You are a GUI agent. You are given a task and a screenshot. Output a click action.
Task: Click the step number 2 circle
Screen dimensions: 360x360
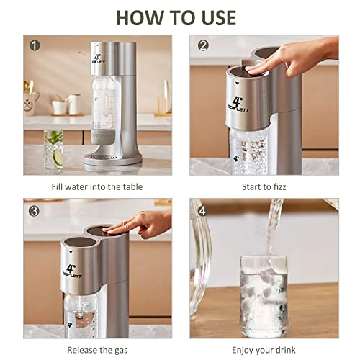[203, 45]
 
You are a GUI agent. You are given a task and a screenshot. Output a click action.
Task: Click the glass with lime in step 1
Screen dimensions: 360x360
[53, 149]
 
